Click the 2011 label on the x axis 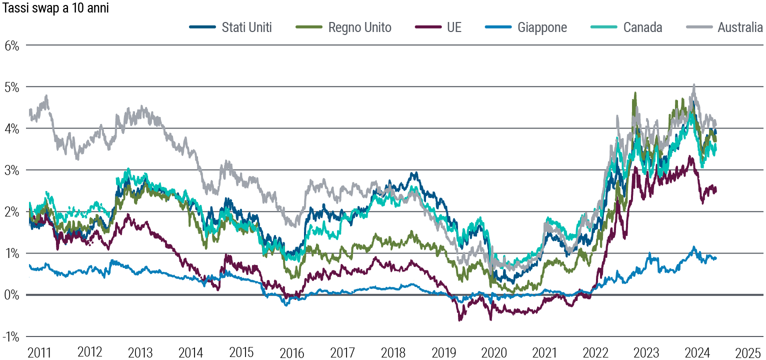click(39, 351)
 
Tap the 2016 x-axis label click(292, 351)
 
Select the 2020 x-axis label click(494, 351)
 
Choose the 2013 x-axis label click(140, 351)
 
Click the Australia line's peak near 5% click(693, 86)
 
